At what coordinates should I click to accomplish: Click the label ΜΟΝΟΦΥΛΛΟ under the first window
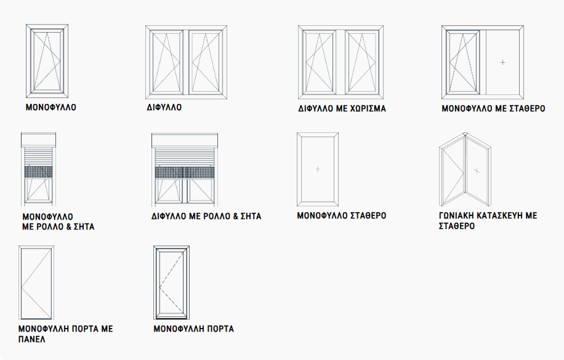click(x=50, y=107)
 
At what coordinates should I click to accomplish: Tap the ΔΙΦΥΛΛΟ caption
click(x=164, y=107)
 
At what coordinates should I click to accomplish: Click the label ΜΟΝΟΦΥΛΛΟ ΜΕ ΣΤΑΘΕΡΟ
click(x=493, y=108)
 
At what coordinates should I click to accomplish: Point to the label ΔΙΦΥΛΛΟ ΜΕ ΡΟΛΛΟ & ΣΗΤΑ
click(x=206, y=216)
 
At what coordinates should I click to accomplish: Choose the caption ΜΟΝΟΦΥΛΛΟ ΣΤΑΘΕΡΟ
click(x=341, y=216)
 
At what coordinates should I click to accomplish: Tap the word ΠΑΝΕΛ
click(x=31, y=339)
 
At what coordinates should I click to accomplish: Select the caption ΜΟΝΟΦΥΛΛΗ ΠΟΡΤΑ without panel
click(x=193, y=329)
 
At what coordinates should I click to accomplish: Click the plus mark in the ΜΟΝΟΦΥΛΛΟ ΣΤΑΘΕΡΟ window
click(x=318, y=169)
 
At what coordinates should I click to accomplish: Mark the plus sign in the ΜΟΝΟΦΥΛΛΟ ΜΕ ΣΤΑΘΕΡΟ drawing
click(x=502, y=62)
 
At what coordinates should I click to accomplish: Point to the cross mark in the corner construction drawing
click(x=477, y=171)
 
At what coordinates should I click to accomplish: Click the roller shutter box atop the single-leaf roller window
click(x=39, y=140)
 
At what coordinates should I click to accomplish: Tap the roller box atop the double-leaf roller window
click(x=185, y=140)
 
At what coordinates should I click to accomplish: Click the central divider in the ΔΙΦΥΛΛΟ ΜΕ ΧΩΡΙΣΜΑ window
click(x=340, y=62)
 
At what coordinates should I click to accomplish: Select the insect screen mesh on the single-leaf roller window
click(x=39, y=172)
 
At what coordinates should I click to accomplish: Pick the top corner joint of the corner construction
click(x=465, y=135)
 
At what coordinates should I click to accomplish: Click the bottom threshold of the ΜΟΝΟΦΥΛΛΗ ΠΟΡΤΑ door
click(x=172, y=318)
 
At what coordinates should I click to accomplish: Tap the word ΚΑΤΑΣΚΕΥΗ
click(x=500, y=216)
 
